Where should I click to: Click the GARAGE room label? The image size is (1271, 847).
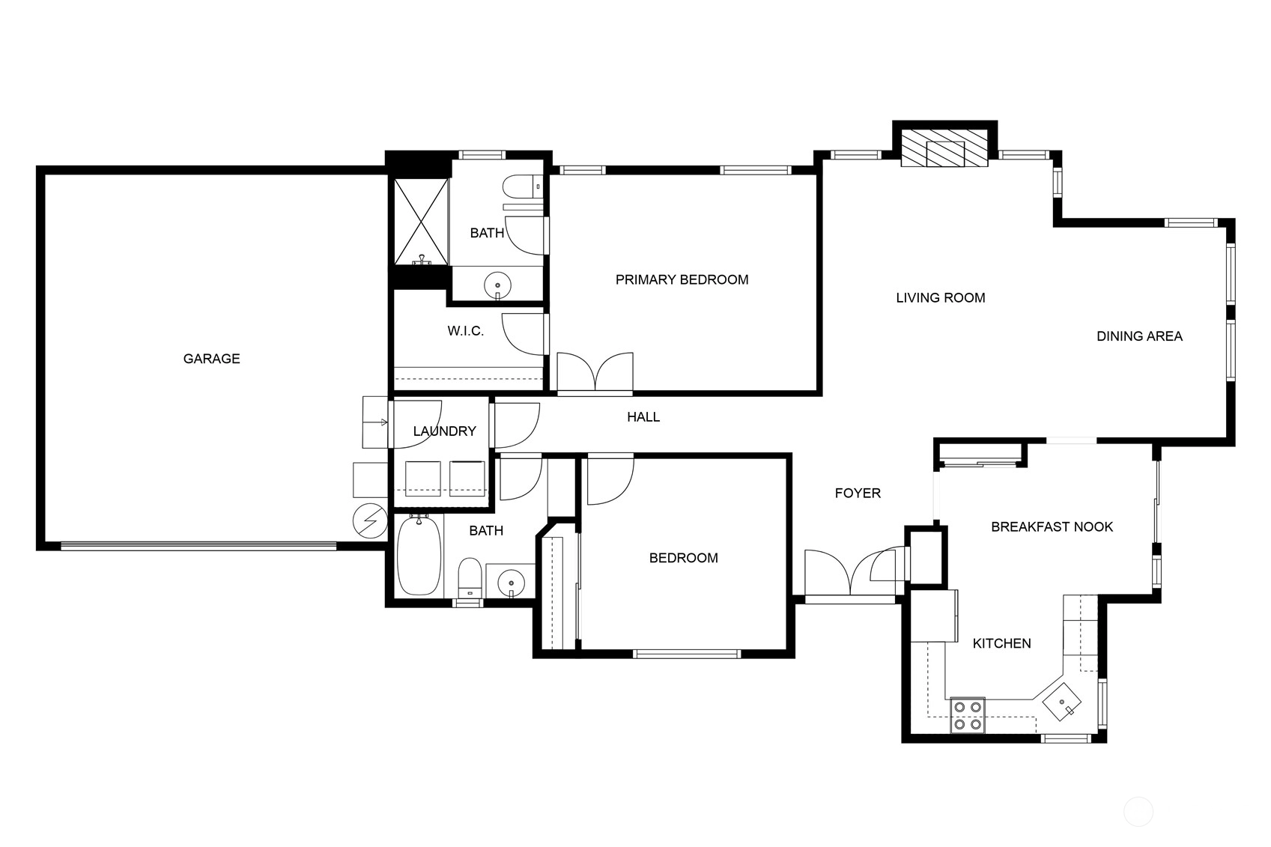(x=212, y=359)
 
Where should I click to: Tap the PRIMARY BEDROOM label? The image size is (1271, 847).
(x=682, y=279)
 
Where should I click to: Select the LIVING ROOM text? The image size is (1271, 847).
(x=941, y=298)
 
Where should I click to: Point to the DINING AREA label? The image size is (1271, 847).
(x=1139, y=336)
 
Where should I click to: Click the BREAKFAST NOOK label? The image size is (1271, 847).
(x=1052, y=527)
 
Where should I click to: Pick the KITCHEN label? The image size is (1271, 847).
(x=1002, y=643)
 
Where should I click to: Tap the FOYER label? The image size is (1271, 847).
(x=858, y=494)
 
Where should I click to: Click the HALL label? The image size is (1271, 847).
(x=643, y=417)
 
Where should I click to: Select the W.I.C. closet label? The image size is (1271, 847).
(x=465, y=331)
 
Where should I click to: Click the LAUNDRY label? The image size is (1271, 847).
(x=444, y=431)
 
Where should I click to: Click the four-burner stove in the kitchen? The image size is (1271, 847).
(x=968, y=715)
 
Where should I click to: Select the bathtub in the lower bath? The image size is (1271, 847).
(x=419, y=555)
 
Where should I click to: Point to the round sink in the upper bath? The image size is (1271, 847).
(x=497, y=285)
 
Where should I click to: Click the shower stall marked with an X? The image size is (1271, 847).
(x=421, y=222)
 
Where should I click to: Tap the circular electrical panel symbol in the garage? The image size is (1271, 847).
(x=370, y=520)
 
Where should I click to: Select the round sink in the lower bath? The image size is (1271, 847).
(x=512, y=583)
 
